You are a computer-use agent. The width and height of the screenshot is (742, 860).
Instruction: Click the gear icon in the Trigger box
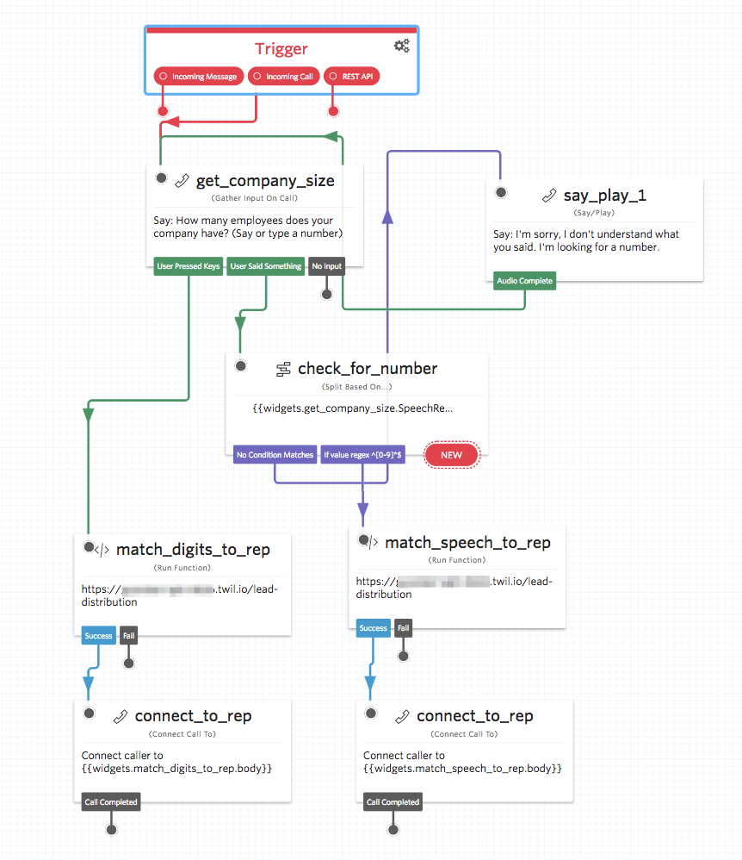(x=401, y=47)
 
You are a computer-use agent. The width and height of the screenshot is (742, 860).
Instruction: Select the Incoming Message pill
(x=198, y=77)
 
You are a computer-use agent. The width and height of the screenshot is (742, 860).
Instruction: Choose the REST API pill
(x=352, y=77)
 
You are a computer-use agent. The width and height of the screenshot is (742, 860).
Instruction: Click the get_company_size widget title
(x=265, y=181)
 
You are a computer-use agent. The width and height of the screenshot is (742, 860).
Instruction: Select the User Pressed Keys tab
(x=189, y=266)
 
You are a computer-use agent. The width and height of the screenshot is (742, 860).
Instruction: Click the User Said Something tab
(x=266, y=266)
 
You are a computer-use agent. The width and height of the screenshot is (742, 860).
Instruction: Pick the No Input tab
(x=327, y=266)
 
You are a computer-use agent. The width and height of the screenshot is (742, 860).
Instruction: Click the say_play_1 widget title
(x=604, y=196)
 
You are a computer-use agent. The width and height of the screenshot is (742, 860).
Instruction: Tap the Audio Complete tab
(x=525, y=281)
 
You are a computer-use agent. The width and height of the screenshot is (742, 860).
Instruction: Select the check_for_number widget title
(x=368, y=369)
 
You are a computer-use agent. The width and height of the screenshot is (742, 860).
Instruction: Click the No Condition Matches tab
(x=275, y=455)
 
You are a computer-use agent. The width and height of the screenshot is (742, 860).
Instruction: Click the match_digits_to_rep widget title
(x=193, y=550)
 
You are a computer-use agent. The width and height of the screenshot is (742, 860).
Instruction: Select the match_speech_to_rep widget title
(x=467, y=543)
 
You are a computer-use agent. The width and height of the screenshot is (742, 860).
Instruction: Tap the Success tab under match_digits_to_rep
(x=98, y=636)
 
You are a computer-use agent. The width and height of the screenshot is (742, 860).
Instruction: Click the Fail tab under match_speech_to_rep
(x=403, y=628)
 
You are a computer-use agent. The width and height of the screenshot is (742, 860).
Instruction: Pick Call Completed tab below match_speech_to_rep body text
(x=393, y=802)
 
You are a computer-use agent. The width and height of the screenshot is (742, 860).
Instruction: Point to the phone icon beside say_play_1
(x=549, y=196)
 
